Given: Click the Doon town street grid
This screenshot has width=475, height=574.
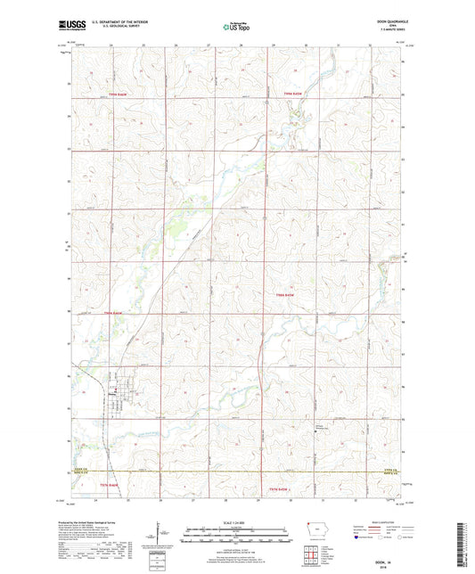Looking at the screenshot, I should pyautogui.click(x=120, y=386).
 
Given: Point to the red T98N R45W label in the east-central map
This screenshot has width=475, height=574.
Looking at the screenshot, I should pyautogui.click(x=285, y=295).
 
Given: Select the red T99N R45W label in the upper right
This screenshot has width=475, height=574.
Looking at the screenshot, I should pyautogui.click(x=294, y=94).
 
